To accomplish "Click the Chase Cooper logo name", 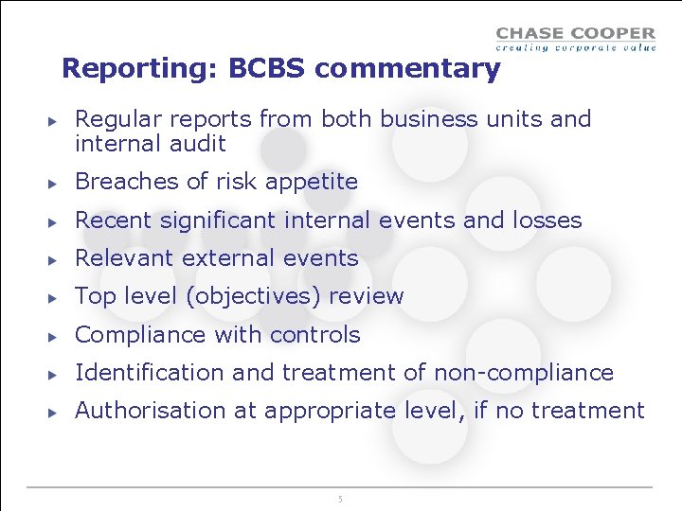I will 575,34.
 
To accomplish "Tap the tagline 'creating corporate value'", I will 575,47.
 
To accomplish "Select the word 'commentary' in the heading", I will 407,69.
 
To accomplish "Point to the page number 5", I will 340,499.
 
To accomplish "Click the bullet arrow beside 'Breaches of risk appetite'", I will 55,183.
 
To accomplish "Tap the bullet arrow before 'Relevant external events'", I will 55,259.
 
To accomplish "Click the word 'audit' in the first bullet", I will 198,144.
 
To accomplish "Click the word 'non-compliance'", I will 523,374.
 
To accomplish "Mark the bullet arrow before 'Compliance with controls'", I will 55,336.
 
